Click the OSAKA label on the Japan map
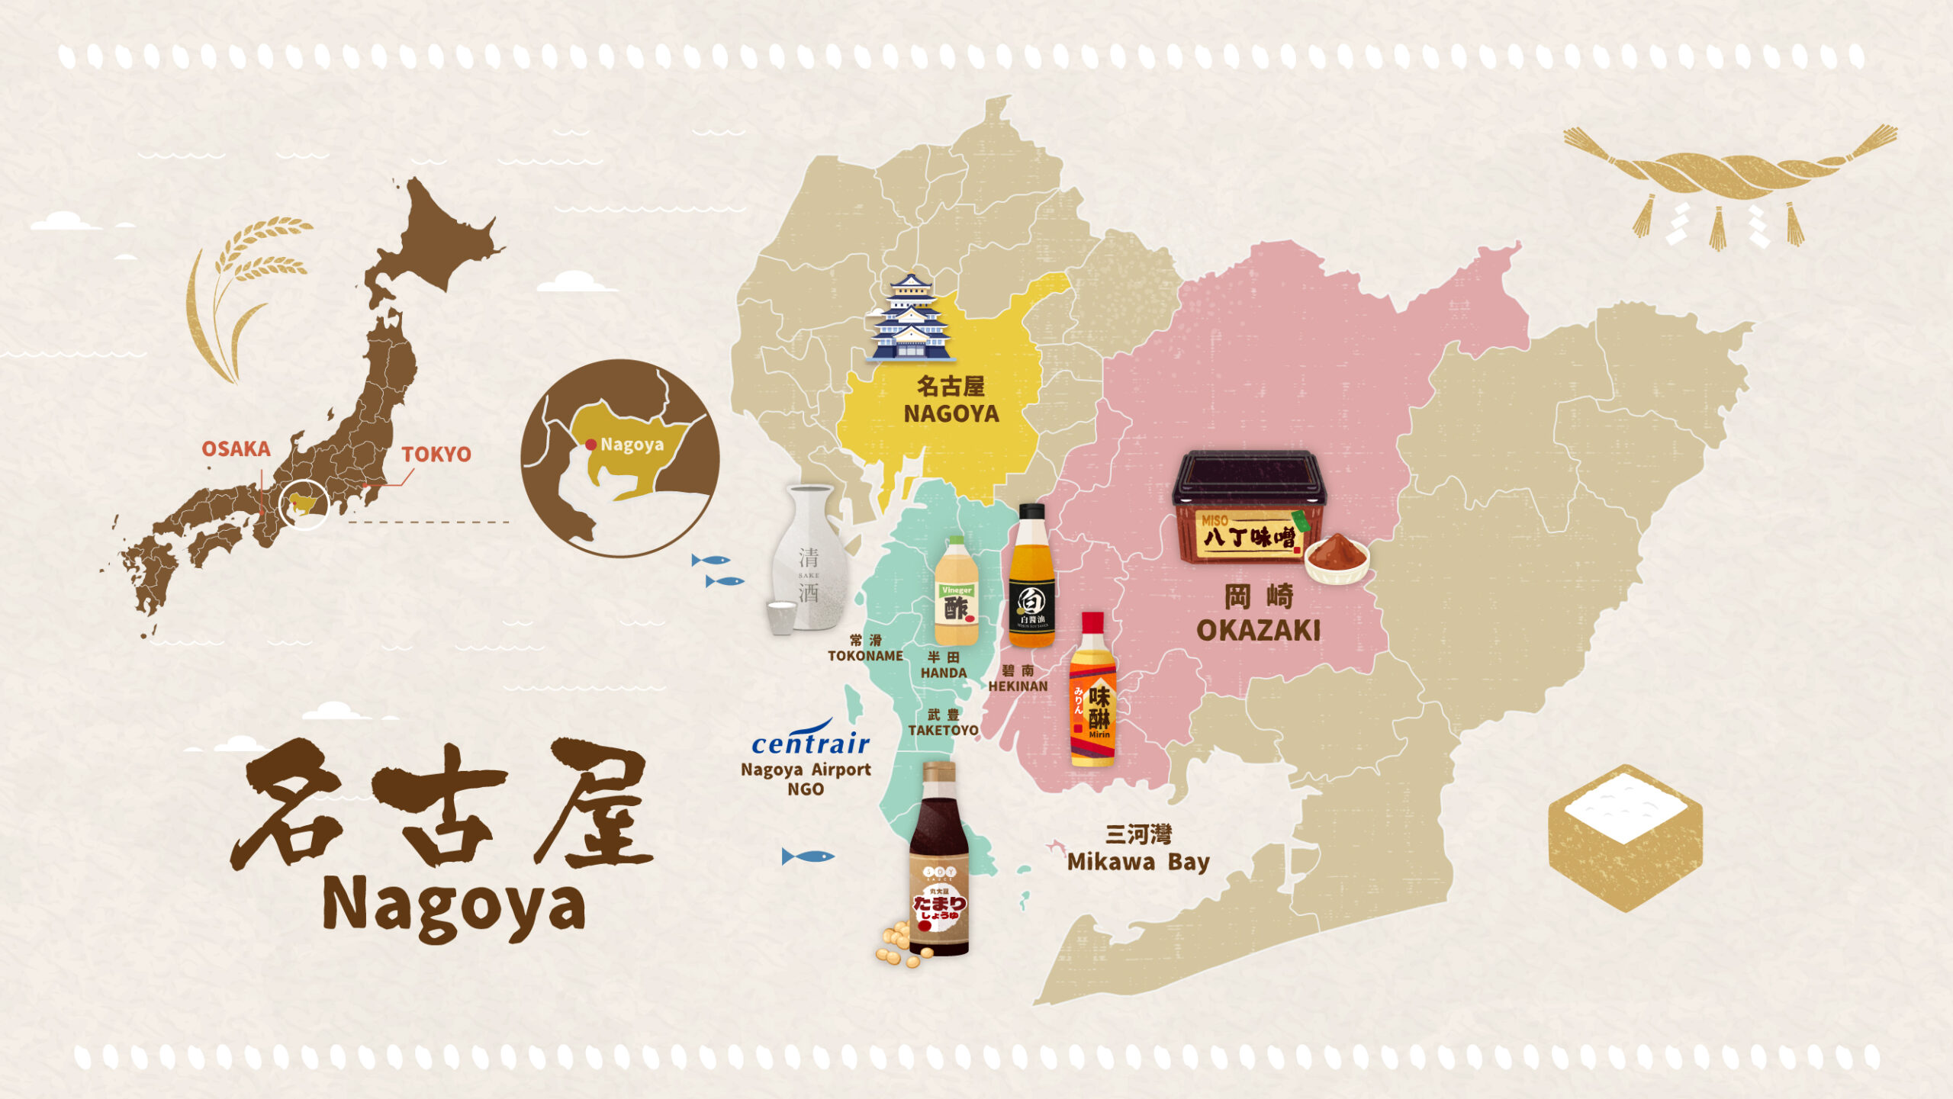pyautogui.click(x=236, y=448)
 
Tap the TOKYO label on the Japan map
pyautogui.click(x=436, y=454)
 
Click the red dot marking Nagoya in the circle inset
pyautogui.click(x=590, y=445)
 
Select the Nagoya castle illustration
pyautogui.click(x=911, y=319)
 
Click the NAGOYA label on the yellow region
pyautogui.click(x=951, y=413)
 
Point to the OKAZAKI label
pyautogui.click(x=1258, y=630)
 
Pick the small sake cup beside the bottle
pyautogui.click(x=781, y=617)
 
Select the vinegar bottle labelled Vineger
pyautogui.click(x=956, y=592)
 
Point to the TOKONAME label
pyautogui.click(x=865, y=656)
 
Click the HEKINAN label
pyautogui.click(x=1018, y=686)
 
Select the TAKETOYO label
pyautogui.click(x=943, y=730)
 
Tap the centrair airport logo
pyautogui.click(x=810, y=741)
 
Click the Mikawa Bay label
pyautogui.click(x=1137, y=862)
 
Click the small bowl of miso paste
pyautogui.click(x=1337, y=560)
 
